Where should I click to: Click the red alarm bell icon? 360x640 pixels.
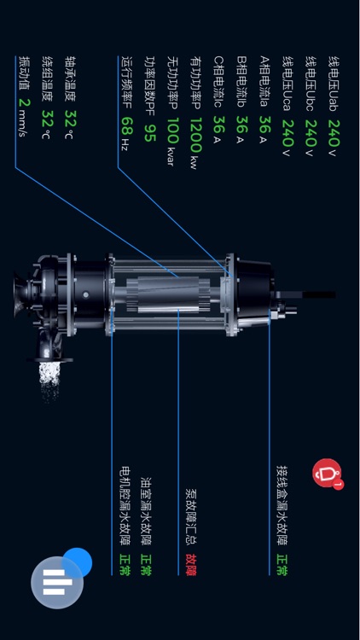[x=327, y=473]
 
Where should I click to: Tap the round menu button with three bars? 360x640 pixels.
[x=57, y=583]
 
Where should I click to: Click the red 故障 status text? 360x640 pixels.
[x=191, y=565]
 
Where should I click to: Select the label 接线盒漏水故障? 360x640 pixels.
[x=282, y=505]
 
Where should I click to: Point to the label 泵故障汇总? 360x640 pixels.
[x=191, y=518]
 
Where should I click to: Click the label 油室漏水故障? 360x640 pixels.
[x=146, y=511]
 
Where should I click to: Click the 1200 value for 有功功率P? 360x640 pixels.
[x=195, y=135]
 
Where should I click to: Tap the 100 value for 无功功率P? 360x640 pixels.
[x=172, y=131]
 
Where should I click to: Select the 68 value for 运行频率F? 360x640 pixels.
[x=127, y=126]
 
